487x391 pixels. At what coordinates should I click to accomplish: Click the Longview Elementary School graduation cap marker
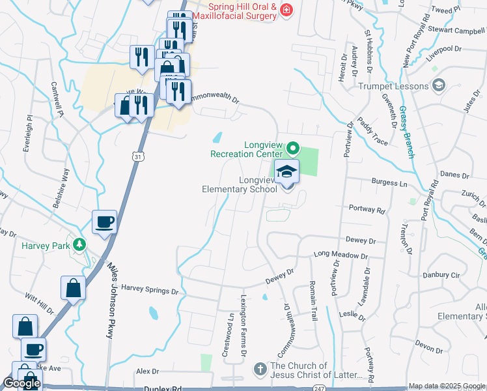[286, 173]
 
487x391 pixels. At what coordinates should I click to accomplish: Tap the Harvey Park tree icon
[79, 245]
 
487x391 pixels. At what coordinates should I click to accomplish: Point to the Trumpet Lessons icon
[439, 85]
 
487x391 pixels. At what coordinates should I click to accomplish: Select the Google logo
[21, 384]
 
